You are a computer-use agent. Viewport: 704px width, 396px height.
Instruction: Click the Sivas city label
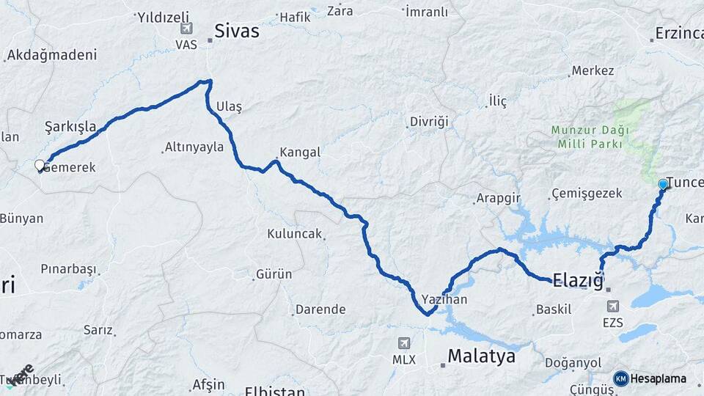pyautogui.click(x=236, y=31)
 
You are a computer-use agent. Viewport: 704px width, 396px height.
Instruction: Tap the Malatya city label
pyautogui.click(x=481, y=357)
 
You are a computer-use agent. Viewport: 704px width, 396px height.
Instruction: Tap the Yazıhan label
pyautogui.click(x=444, y=299)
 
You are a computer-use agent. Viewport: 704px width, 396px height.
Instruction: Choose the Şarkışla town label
pyautogui.click(x=70, y=126)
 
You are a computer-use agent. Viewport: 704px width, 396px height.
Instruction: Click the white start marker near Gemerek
pyautogui.click(x=40, y=166)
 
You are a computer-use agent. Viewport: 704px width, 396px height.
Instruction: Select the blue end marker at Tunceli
pyautogui.click(x=663, y=184)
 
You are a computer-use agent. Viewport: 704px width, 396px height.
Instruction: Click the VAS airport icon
pyautogui.click(x=186, y=29)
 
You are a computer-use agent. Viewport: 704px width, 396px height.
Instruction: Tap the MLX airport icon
pyautogui.click(x=404, y=343)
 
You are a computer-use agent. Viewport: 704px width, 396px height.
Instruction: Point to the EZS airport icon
pyautogui.click(x=612, y=305)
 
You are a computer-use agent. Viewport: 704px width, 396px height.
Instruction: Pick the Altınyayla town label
pyautogui.click(x=194, y=147)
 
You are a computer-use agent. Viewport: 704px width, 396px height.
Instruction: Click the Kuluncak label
pyautogui.click(x=294, y=234)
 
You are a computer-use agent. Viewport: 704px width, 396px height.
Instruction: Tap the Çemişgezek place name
pyautogui.click(x=585, y=194)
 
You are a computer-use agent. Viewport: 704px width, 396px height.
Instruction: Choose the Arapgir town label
pyautogui.click(x=498, y=198)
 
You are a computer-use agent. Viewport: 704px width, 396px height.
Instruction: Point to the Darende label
pyautogui.click(x=320, y=309)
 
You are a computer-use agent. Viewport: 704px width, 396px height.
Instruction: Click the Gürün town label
pyautogui.click(x=274, y=274)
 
